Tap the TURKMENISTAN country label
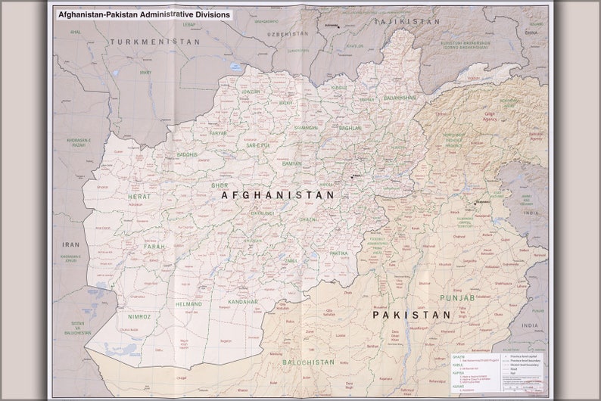154,42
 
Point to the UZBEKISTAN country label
288,34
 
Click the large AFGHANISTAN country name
278,195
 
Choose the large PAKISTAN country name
411,315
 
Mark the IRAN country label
71,244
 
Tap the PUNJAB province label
457,298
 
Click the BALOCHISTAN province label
308,362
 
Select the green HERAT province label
139,196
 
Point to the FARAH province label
154,247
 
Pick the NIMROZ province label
139,316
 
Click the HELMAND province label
188,304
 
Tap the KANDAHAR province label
243,302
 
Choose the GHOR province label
220,185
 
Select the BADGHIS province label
187,154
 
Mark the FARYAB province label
218,133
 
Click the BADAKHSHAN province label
400,98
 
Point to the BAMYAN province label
292,163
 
